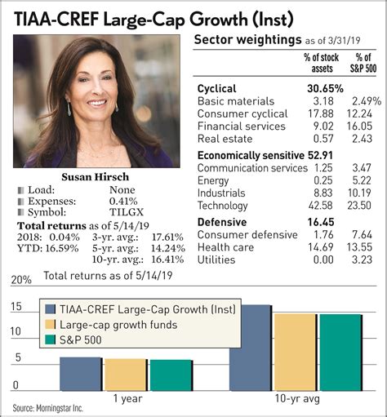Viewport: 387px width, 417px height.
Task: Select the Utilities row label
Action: pyautogui.click(x=216, y=260)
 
